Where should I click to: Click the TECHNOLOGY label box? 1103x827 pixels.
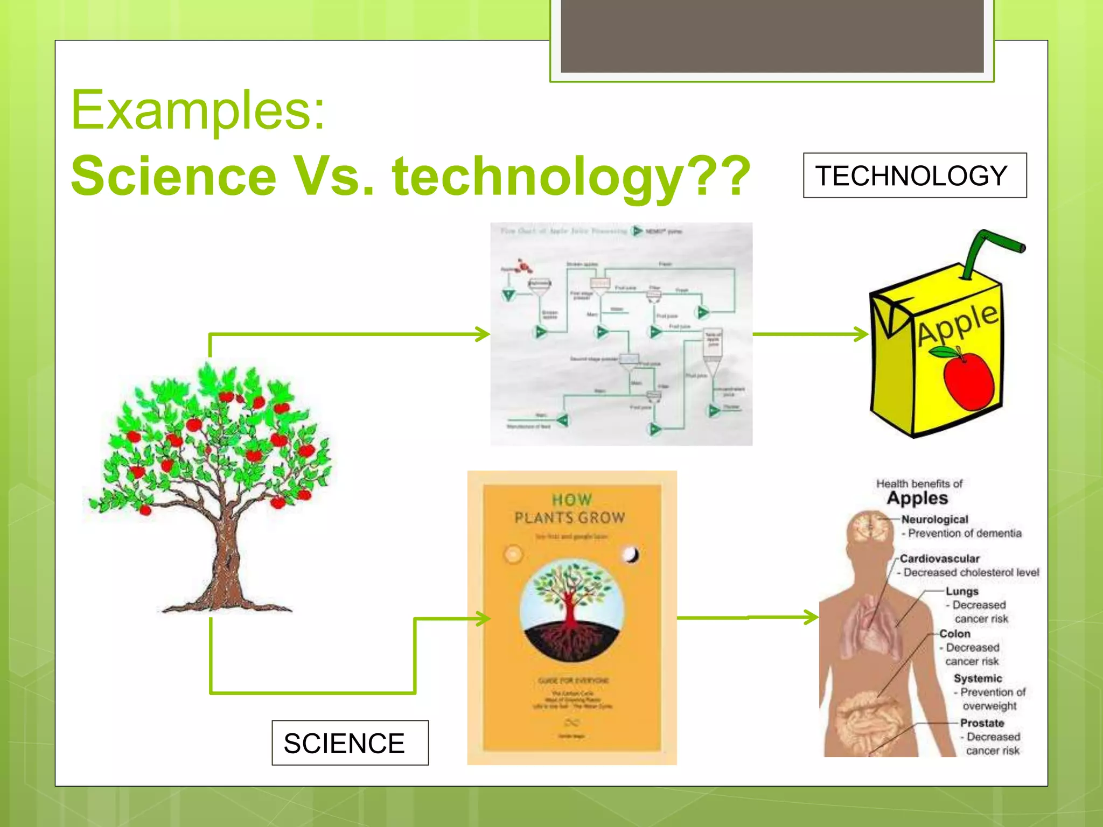(x=914, y=176)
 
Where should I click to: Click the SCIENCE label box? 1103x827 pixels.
(x=350, y=743)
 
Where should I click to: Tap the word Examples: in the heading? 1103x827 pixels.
(x=198, y=110)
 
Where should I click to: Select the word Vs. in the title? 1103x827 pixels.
(x=334, y=176)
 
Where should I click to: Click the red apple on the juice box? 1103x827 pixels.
(x=968, y=380)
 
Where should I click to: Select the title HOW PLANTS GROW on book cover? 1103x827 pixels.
(x=570, y=509)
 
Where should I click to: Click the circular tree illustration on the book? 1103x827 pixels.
(x=571, y=611)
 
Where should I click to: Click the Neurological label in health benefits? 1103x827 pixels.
(x=934, y=520)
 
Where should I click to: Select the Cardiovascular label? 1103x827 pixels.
(x=939, y=559)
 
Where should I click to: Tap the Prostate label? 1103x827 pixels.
(x=982, y=723)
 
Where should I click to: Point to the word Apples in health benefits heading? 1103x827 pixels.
(x=917, y=498)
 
